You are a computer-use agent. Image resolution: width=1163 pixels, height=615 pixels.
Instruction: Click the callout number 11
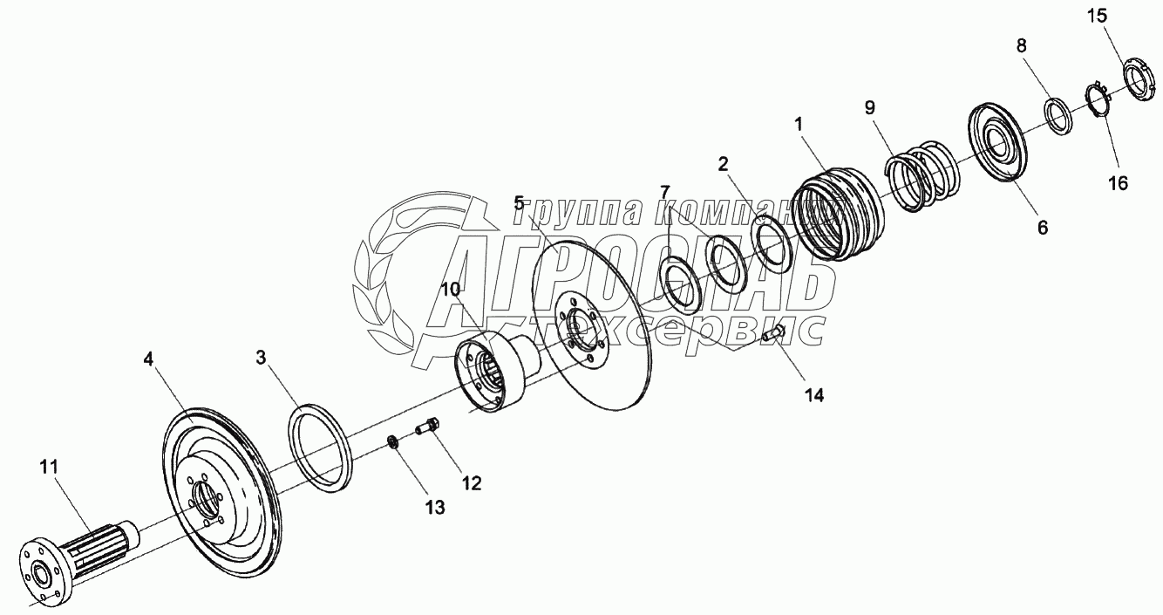tap(48, 468)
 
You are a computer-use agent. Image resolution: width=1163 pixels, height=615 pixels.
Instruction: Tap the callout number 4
tap(150, 358)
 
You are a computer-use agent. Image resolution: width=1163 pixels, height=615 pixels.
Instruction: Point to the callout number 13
tap(434, 507)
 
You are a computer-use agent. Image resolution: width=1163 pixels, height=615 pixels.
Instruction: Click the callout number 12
tap(471, 482)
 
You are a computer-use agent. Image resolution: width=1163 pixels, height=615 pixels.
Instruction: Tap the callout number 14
tap(813, 394)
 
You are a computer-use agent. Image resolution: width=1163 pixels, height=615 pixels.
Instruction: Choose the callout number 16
tap(1117, 183)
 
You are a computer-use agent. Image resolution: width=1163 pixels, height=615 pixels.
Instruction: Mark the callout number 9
tap(869, 107)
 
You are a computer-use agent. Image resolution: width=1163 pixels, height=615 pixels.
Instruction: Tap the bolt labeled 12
tap(426, 427)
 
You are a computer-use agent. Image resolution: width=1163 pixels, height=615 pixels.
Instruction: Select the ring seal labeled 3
tap(320, 445)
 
